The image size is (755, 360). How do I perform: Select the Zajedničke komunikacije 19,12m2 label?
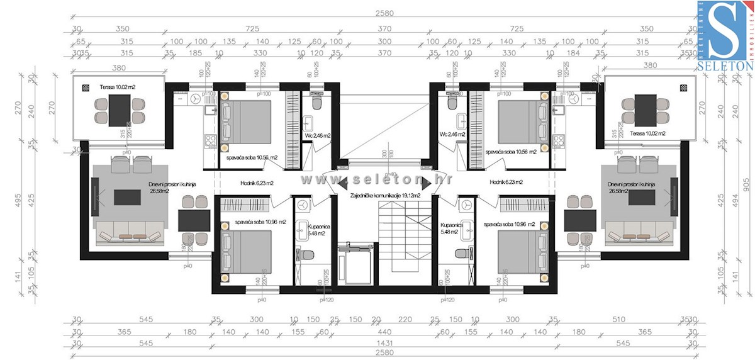(x=385, y=196)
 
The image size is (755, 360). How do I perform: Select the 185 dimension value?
(x=195, y=53)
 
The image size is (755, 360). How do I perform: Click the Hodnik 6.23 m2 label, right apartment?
(x=507, y=183)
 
